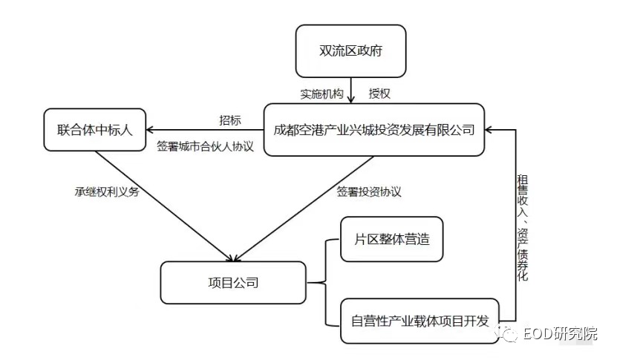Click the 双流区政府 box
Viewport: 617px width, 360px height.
point(350,51)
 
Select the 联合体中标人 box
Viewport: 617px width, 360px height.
point(95,130)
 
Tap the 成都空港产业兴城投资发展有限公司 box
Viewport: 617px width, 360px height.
point(373,130)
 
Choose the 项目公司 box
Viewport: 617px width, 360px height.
point(233,283)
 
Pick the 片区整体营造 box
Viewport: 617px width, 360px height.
point(391,239)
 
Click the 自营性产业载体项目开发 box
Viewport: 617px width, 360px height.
point(420,321)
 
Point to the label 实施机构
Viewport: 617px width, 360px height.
point(322,94)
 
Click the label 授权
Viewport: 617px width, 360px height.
point(379,94)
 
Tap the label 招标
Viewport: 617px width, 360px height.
point(230,120)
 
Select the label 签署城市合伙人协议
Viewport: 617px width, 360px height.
point(206,146)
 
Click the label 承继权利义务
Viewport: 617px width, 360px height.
point(107,192)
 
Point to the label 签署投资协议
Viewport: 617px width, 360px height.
point(369,192)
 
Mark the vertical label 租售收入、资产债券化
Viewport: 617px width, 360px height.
point(523,228)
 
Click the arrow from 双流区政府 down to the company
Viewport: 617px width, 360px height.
point(350,91)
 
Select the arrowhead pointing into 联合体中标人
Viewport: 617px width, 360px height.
point(150,130)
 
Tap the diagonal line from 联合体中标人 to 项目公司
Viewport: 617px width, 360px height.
point(166,206)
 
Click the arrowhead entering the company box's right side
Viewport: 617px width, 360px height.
point(489,130)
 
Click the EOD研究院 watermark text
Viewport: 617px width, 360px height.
point(560,334)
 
